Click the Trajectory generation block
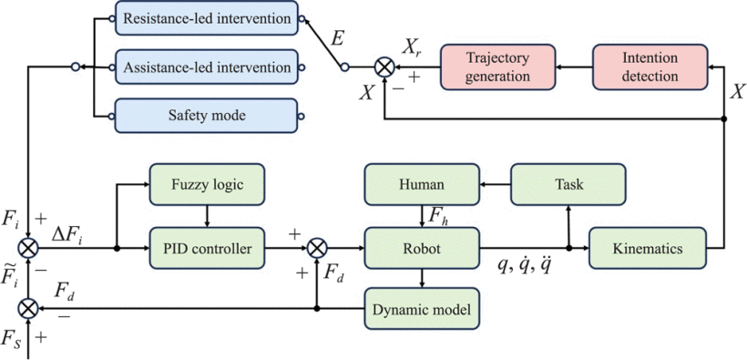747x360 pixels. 497,67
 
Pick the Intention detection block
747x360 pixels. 650,67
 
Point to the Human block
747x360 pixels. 421,185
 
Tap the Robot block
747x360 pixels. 421,246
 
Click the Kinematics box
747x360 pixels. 648,246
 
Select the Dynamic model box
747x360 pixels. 421,310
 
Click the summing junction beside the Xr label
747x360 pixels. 385,67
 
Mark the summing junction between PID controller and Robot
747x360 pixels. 316,247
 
